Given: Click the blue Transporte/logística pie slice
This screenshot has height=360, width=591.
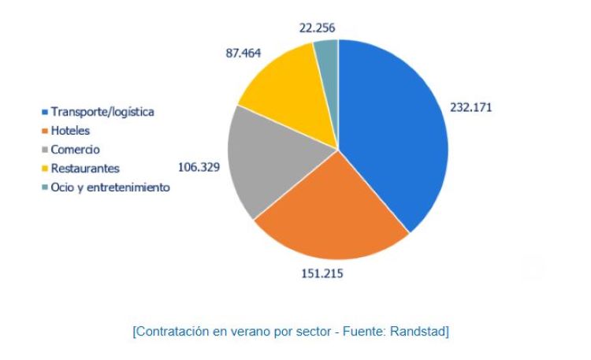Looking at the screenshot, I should click(x=394, y=134).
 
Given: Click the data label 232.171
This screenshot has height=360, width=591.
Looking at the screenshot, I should click(x=470, y=107).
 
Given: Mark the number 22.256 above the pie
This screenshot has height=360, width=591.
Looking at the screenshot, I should click(x=318, y=28).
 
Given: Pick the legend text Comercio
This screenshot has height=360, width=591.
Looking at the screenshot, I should click(x=76, y=150).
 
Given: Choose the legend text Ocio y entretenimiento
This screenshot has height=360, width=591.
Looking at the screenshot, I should click(x=110, y=187).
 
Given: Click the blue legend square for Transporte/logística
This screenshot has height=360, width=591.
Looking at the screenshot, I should click(x=46, y=112).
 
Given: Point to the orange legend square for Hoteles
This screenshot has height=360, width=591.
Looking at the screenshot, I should click(x=46, y=131).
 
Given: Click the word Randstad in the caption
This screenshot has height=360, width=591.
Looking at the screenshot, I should click(x=421, y=332).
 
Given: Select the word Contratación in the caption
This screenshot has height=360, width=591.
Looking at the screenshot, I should click(x=170, y=332).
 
